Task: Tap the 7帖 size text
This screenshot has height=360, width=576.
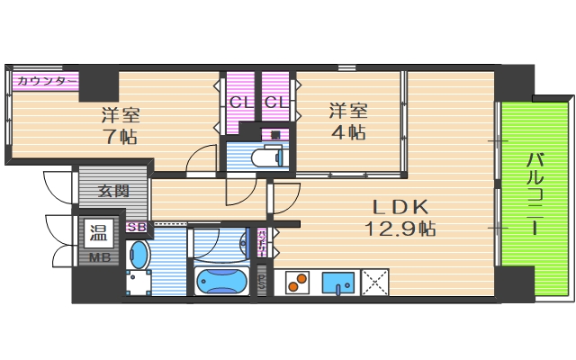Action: tap(119, 137)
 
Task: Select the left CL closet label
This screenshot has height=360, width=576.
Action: tap(239, 103)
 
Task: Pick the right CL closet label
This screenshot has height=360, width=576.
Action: tap(276, 103)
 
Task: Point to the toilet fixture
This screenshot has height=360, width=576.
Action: tap(266, 158)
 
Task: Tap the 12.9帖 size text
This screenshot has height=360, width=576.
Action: tap(400, 229)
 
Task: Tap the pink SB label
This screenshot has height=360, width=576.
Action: tap(138, 227)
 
